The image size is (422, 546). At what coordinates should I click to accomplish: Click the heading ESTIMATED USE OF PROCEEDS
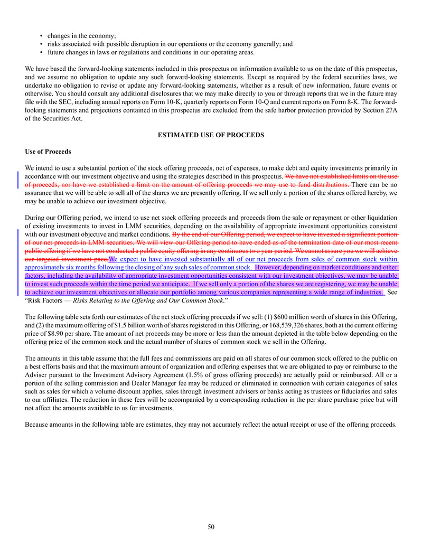pyautogui.click(x=211, y=135)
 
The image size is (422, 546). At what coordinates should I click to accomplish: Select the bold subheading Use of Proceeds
pyautogui.click(x=48, y=152)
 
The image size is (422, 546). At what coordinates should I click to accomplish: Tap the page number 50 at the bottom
pyautogui.click(x=211, y=526)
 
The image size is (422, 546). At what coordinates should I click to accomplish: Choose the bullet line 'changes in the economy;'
pyautogui.click(x=82, y=36)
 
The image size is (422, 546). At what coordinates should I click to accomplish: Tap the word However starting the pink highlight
pyautogui.click(x=269, y=267)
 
